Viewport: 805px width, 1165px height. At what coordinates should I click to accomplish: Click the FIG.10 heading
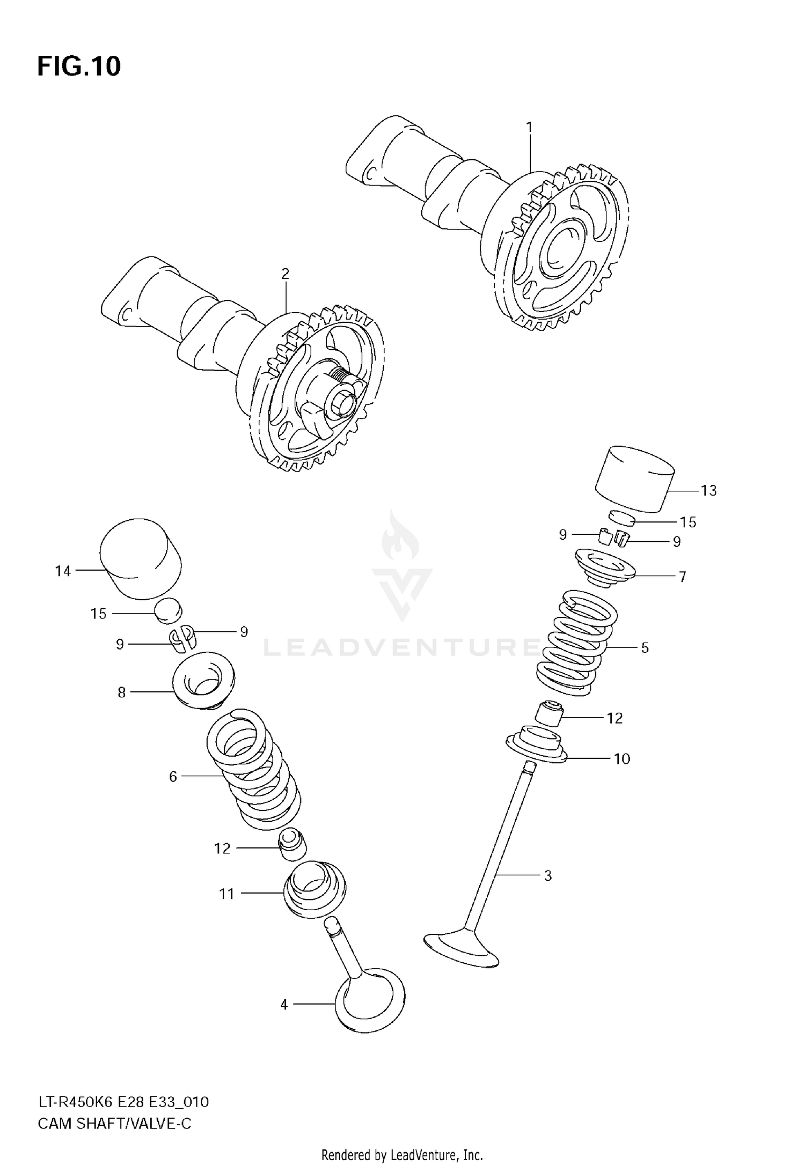(79, 67)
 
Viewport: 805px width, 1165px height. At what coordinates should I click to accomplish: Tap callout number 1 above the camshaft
(529, 127)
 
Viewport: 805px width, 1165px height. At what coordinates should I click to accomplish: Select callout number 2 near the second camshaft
(285, 274)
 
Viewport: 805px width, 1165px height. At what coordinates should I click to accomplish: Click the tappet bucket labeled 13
(634, 479)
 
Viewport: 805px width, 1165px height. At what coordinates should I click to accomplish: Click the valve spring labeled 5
(577, 644)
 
